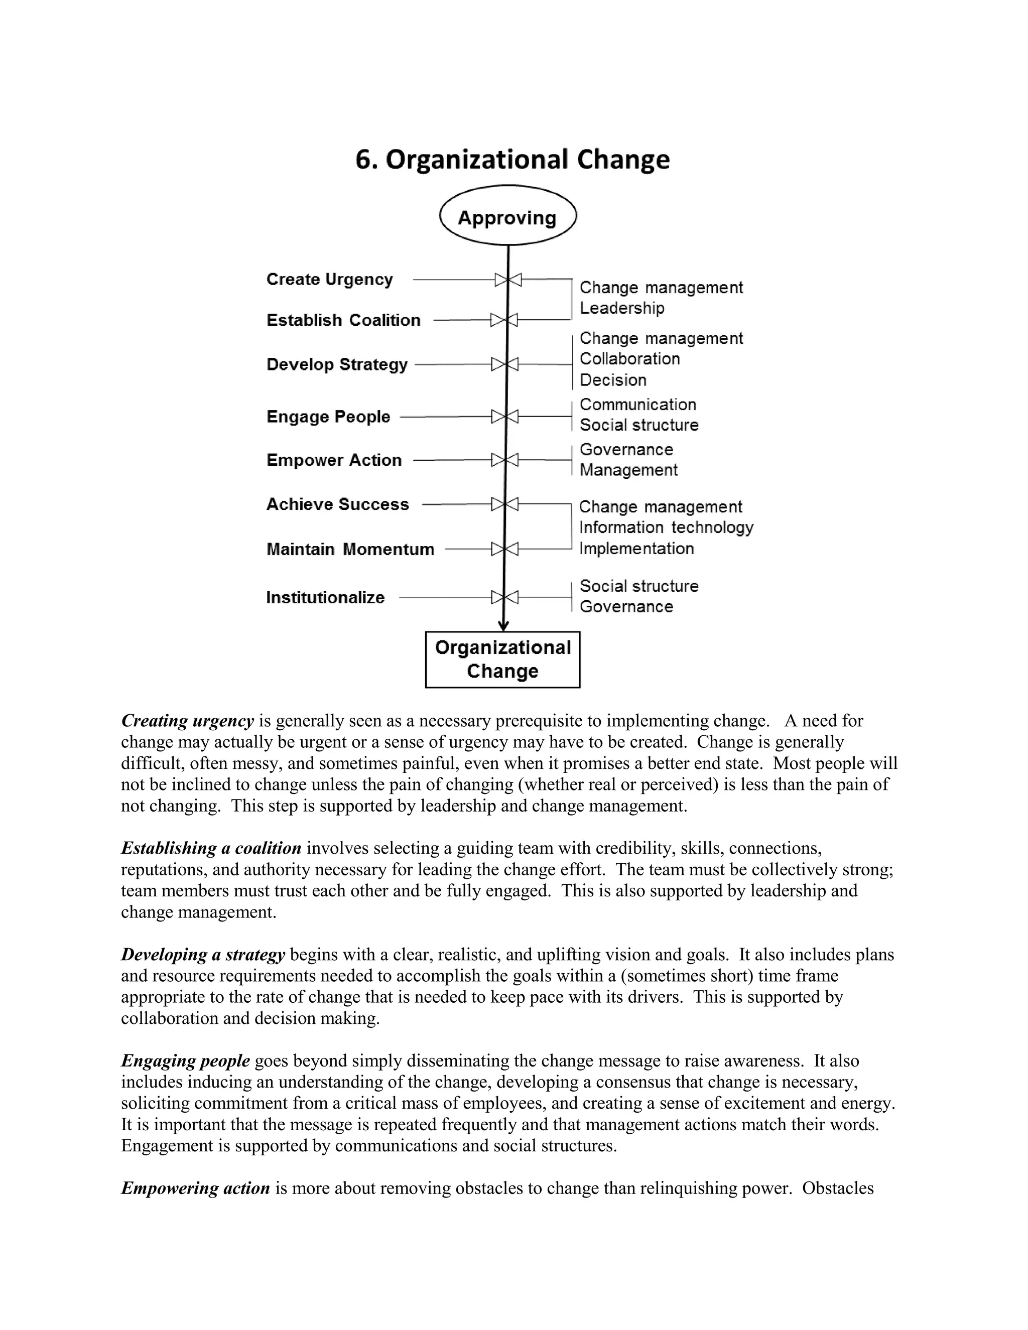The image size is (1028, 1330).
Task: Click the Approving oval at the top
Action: point(507,217)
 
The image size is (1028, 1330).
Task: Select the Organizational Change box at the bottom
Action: point(502,659)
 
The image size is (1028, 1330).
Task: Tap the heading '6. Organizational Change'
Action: point(512,160)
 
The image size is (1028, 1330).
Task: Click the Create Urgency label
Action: point(329,280)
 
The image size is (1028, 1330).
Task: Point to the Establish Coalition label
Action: point(343,320)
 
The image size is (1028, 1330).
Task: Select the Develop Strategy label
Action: point(337,365)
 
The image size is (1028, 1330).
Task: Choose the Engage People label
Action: point(328,417)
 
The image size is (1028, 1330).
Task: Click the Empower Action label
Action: point(334,460)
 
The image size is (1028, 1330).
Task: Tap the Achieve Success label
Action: point(337,504)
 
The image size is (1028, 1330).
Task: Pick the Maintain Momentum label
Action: point(350,549)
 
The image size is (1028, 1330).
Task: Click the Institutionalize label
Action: point(325,597)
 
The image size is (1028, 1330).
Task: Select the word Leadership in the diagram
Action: point(621,308)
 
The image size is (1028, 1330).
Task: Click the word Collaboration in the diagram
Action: point(629,359)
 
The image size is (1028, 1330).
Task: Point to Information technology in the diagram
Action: point(666,527)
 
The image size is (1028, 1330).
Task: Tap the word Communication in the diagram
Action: point(637,405)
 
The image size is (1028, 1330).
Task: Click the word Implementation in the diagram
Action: point(636,549)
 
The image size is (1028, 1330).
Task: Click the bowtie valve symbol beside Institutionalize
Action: point(505,597)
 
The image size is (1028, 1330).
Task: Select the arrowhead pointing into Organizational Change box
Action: point(503,626)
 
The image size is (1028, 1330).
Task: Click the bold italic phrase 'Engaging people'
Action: point(185,1061)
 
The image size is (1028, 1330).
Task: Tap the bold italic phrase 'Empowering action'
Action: point(195,1188)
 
